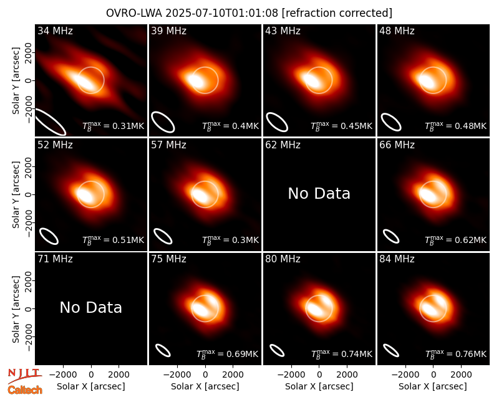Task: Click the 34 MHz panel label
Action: click(x=55, y=31)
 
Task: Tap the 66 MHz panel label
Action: click(x=397, y=145)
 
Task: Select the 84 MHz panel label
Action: click(x=397, y=259)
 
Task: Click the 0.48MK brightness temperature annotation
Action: click(x=456, y=126)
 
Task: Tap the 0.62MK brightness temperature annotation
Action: click(x=456, y=240)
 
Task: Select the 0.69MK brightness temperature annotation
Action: click(x=227, y=354)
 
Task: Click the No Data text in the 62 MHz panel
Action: click(x=319, y=194)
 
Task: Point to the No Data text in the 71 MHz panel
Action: click(x=90, y=308)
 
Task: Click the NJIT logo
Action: click(x=24, y=375)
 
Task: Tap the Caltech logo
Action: click(x=25, y=390)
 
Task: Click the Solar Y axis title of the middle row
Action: click(x=16, y=194)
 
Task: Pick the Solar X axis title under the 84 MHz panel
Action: click(x=433, y=386)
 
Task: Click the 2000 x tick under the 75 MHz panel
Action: click(x=233, y=375)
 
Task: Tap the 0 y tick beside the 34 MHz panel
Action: click(x=29, y=80)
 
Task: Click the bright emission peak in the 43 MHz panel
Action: click(x=311, y=80)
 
